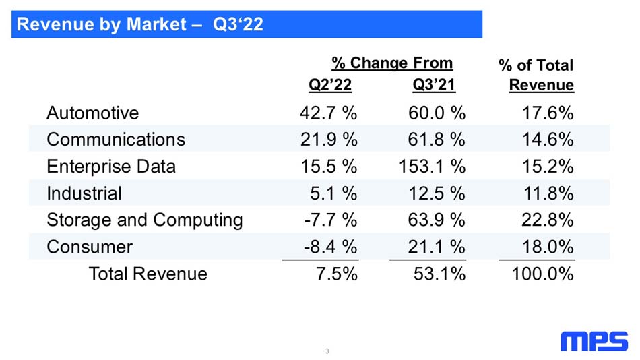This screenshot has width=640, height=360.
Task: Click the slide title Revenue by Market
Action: (x=102, y=24)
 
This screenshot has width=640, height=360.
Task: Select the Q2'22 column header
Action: (x=330, y=84)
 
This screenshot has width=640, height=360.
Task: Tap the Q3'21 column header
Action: (x=434, y=84)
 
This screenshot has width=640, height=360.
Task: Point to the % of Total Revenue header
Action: (x=536, y=75)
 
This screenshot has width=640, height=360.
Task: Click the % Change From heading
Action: (x=392, y=63)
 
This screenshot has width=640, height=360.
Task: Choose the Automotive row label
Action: (x=93, y=113)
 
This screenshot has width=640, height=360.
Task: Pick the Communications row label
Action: (x=116, y=140)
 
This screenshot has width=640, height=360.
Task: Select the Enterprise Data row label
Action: (x=111, y=167)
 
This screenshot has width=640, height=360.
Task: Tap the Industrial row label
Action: (x=84, y=193)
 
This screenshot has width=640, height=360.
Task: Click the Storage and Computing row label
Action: (x=145, y=220)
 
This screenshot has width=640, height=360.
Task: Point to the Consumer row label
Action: (x=90, y=247)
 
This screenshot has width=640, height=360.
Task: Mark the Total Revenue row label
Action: (x=148, y=274)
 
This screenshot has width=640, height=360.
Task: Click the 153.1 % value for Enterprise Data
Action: (x=432, y=167)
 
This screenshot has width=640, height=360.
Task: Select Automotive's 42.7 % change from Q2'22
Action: (x=329, y=113)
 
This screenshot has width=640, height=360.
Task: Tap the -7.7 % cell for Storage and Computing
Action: (x=331, y=220)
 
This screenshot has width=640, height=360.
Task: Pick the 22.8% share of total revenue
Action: (x=548, y=220)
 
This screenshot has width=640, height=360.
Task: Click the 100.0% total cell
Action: (x=543, y=274)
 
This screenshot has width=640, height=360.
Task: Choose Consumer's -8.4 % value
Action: (x=331, y=247)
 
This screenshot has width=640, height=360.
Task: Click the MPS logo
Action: (x=594, y=341)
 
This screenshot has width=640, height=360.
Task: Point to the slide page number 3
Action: (x=327, y=351)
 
